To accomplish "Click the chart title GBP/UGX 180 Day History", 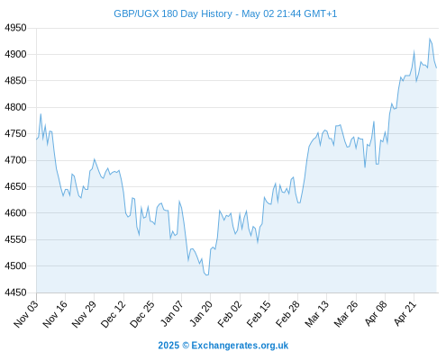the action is click(173, 13).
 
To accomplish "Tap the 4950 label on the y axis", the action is click(15, 28).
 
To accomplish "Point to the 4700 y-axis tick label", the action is click(15, 160).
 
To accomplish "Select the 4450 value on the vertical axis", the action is click(15, 292).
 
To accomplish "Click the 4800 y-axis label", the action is click(15, 107).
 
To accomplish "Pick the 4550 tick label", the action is click(15, 239).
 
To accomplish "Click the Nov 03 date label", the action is click(26, 313).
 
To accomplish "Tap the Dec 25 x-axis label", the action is click(142, 313).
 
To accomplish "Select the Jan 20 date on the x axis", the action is click(201, 313).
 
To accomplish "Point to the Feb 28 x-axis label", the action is click(287, 313).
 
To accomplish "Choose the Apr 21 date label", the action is click(405, 313).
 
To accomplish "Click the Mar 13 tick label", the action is click(316, 313).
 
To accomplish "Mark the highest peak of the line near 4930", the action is click(430, 39).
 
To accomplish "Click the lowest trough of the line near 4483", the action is click(206, 274).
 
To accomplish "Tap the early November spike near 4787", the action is click(41, 113).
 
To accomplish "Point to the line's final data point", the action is click(436, 67).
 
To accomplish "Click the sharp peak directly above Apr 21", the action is click(414, 51).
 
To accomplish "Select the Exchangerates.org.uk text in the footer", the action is click(240, 346).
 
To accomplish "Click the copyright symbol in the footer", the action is click(186, 346).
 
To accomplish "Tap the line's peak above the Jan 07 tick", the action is click(179, 202).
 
